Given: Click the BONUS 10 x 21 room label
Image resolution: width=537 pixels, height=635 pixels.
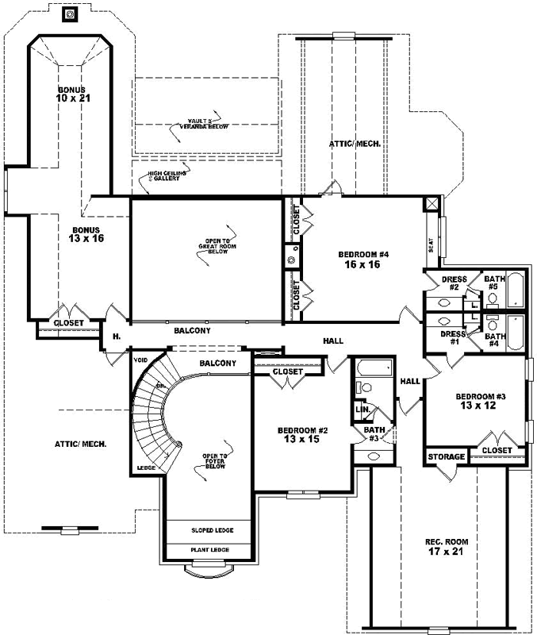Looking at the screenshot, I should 71,94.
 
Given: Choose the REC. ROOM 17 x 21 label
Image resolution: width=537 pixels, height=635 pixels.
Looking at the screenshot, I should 447,547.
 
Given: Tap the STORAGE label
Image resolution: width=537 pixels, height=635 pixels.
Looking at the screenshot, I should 447,458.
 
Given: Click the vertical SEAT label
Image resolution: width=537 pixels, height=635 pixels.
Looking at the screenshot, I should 431,245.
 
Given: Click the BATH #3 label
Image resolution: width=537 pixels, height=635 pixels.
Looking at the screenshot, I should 373,433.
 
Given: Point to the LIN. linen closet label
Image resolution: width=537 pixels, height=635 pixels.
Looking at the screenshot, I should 363,410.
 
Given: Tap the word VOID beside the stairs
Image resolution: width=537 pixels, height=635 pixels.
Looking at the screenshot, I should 143,359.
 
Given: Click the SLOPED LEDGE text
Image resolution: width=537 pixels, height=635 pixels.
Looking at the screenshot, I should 212,530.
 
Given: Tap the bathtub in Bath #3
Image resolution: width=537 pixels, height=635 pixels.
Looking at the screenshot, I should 374,368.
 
